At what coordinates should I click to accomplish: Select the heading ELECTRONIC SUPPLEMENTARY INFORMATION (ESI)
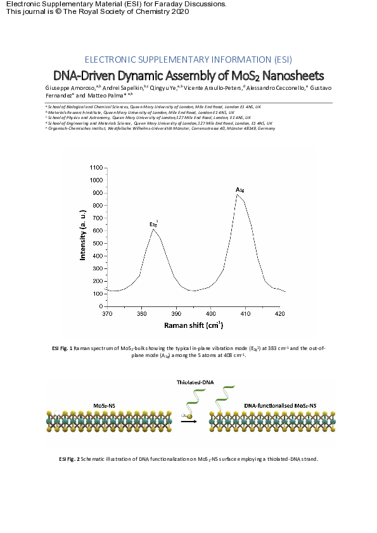[x=188, y=60]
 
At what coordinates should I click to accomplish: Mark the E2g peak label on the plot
[x=153, y=223]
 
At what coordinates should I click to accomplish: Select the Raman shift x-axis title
[x=193, y=325]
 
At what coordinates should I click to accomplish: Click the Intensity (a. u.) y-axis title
[x=83, y=236]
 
